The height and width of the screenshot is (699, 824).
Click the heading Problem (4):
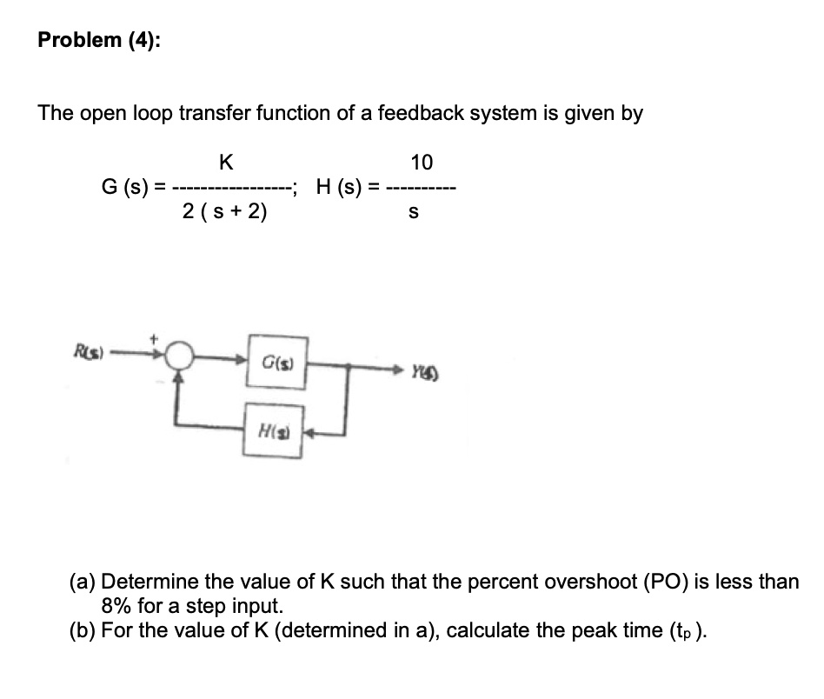[99, 43]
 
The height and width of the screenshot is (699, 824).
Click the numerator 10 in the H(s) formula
[422, 163]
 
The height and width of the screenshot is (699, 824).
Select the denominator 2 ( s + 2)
[225, 211]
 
